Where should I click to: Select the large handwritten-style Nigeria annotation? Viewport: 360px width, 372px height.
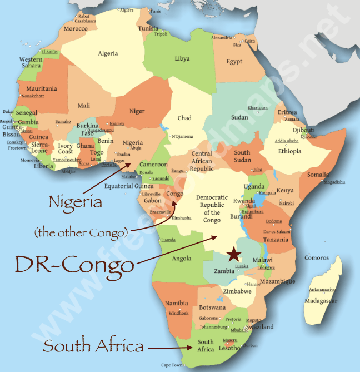click(76, 202)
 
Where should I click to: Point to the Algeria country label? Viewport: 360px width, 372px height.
click(108, 53)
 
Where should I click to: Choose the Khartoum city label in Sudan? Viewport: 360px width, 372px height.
click(257, 108)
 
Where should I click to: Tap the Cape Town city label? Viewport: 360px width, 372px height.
click(172, 365)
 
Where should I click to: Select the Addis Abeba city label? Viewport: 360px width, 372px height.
click(287, 141)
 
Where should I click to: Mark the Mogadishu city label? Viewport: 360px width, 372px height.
click(334, 182)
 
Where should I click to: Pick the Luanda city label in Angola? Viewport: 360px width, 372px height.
click(168, 240)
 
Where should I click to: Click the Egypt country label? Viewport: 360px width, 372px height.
click(234, 61)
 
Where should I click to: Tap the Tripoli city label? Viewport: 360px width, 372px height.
click(161, 34)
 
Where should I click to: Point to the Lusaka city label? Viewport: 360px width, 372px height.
click(241, 267)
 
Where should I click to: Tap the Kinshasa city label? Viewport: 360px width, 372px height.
click(181, 218)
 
